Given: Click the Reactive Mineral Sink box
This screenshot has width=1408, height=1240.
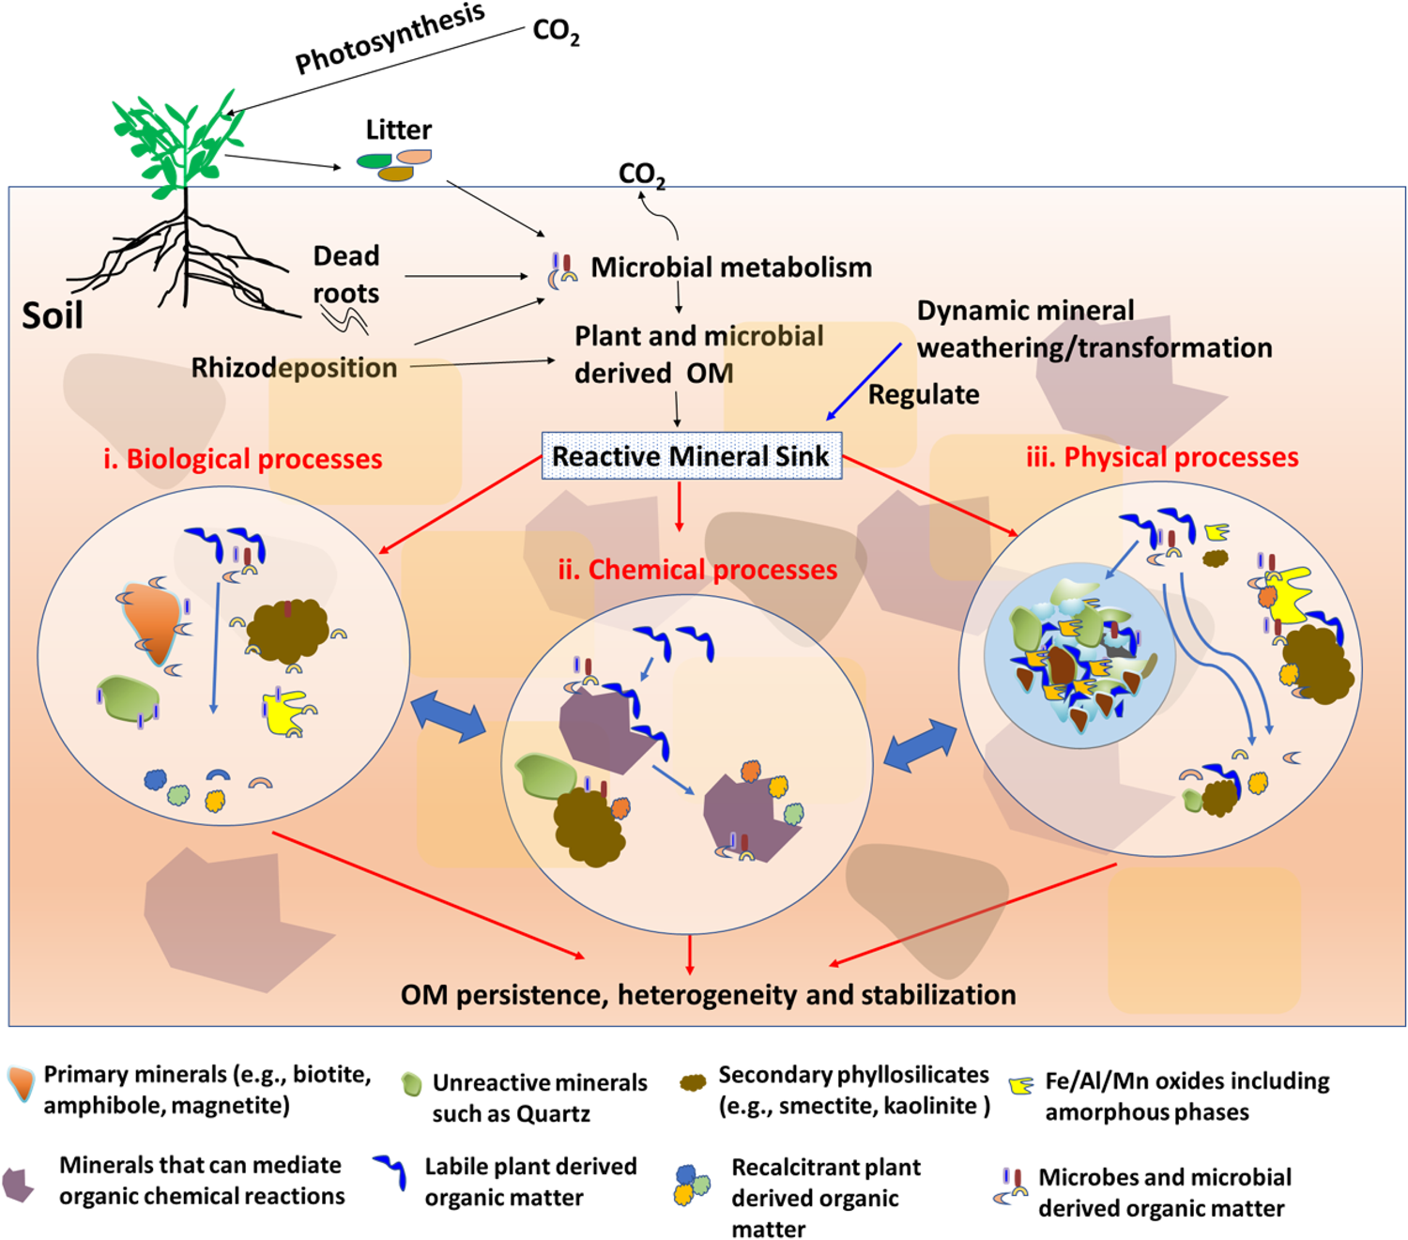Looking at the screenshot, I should click(x=691, y=456).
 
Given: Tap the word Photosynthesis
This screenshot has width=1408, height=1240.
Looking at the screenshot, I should click(x=390, y=38).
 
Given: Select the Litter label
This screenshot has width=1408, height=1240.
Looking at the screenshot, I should click(x=398, y=130).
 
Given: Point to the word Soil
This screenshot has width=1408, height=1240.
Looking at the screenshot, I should click(x=53, y=315).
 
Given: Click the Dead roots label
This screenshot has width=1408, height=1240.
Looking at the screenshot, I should click(x=345, y=274).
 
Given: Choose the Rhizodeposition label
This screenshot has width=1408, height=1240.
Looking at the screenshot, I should click(x=294, y=367).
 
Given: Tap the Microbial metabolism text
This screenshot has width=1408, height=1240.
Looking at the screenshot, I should click(x=730, y=268).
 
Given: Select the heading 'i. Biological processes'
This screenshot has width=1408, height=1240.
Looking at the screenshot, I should click(x=243, y=459).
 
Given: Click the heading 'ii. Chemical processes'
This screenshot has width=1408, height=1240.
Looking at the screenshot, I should click(x=697, y=570).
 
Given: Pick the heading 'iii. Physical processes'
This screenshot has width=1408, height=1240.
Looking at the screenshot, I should click(x=1162, y=457).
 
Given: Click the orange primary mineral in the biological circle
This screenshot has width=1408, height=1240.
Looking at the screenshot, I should click(x=152, y=620).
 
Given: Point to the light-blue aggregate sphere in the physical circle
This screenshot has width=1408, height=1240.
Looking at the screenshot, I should click(x=1079, y=653).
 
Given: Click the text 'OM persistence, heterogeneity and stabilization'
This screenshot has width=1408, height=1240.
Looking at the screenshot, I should click(x=708, y=995).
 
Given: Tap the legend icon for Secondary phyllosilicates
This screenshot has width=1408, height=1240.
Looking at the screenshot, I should click(x=693, y=1083).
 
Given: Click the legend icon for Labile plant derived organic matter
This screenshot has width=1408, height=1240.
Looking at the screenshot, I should click(x=390, y=1171).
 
